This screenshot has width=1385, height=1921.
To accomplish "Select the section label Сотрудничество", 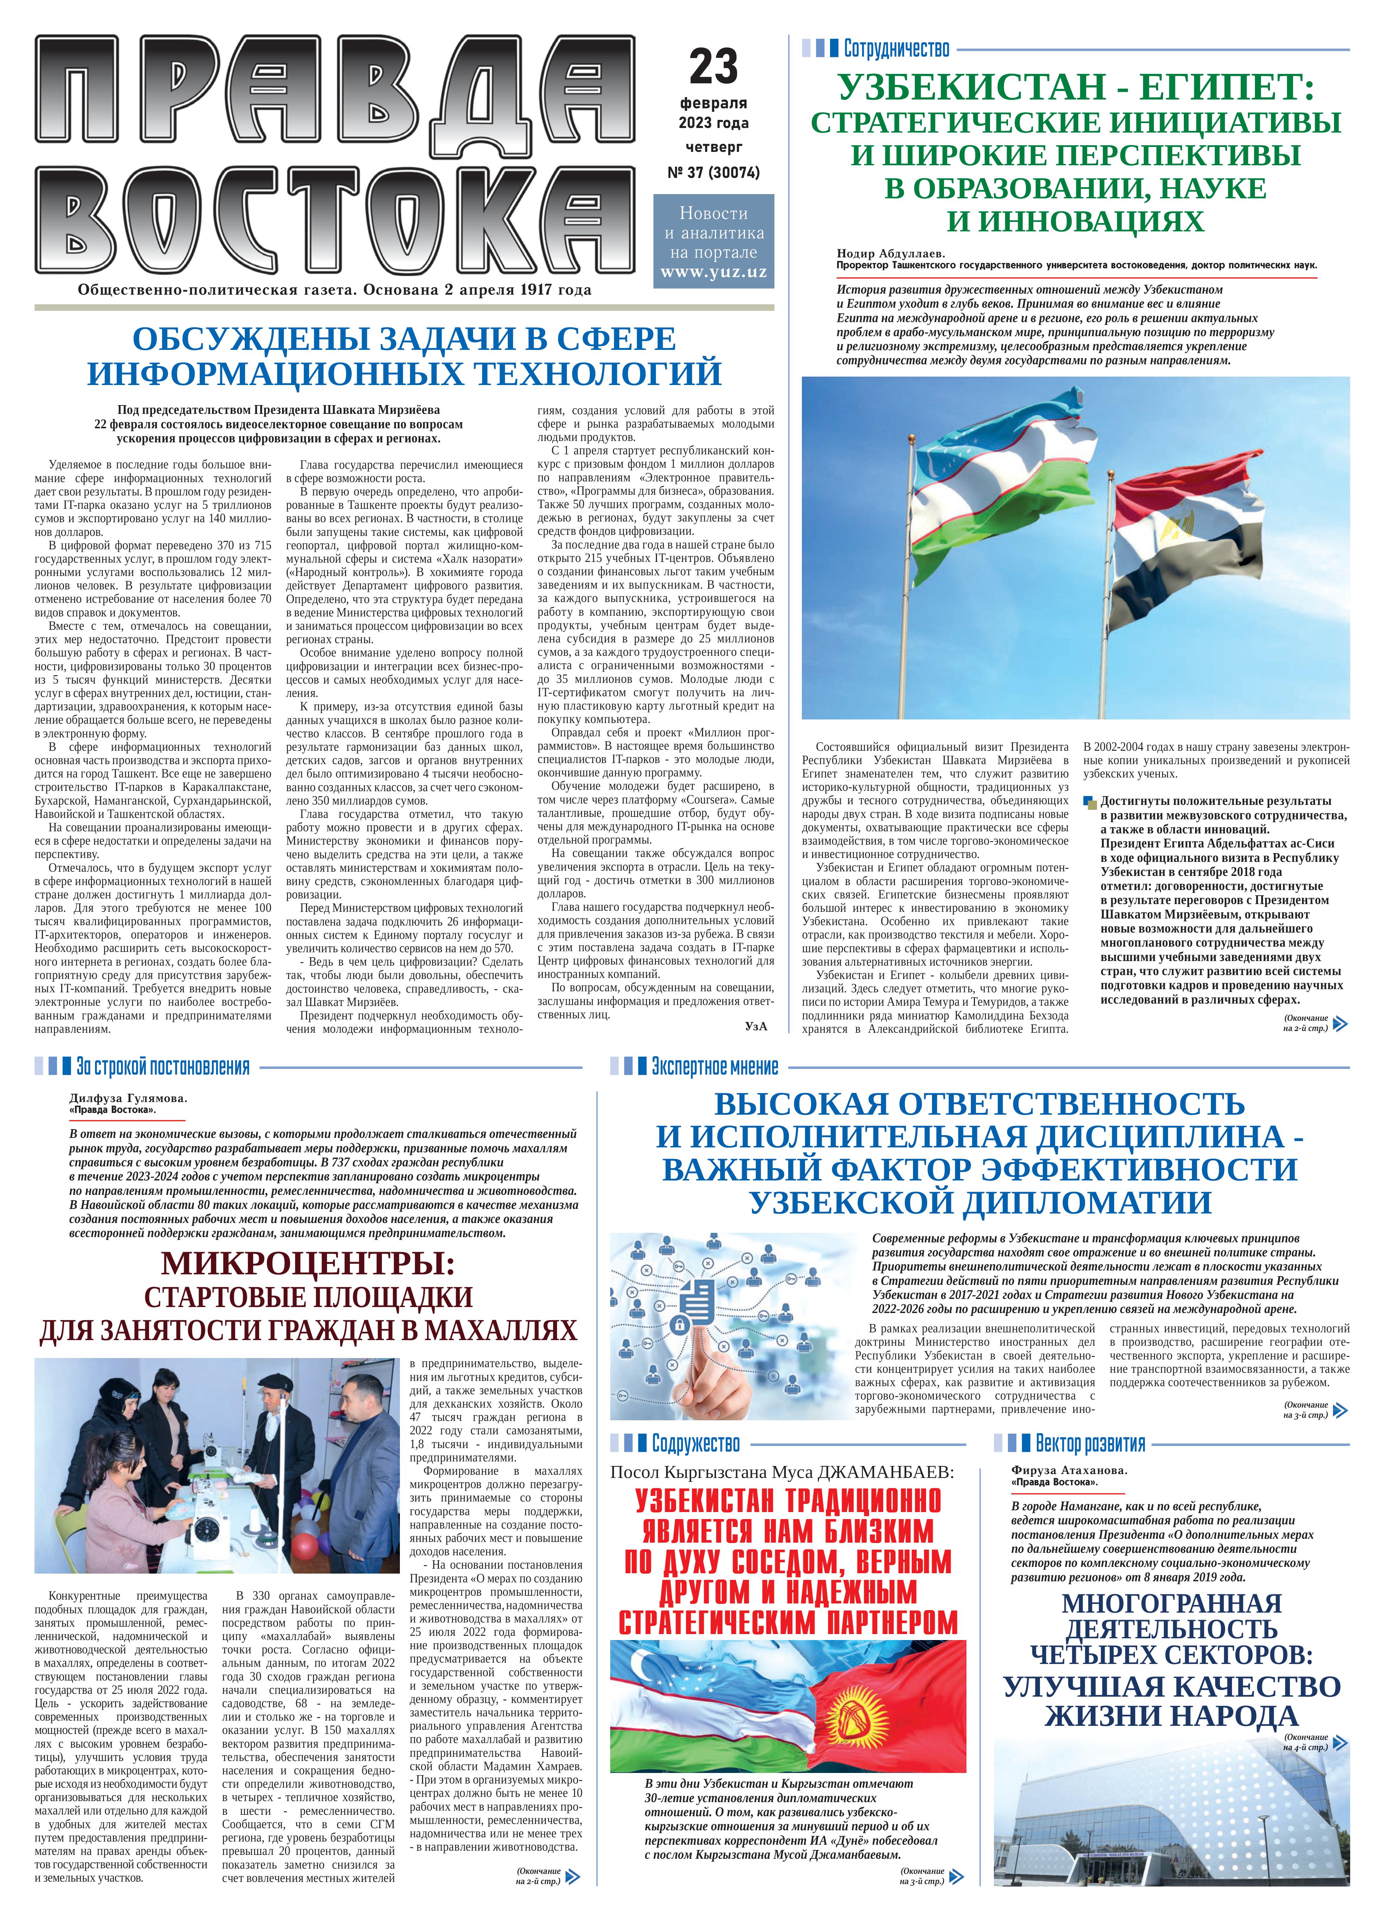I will [896, 49].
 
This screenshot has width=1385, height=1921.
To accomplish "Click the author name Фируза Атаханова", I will [1069, 1471].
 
